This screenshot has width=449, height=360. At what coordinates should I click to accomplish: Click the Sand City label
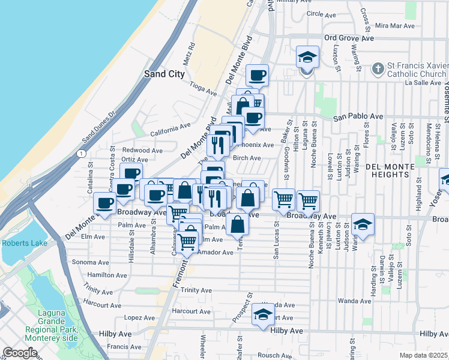coord(163,74)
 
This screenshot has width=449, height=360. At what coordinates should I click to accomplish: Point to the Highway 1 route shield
coord(80,154)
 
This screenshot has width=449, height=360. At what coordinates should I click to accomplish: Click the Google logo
coord(20,353)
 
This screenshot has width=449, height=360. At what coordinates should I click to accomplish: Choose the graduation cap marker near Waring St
coord(363,224)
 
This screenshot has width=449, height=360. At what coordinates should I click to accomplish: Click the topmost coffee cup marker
coord(258,76)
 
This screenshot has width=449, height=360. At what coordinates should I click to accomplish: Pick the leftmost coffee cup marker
coord(105,203)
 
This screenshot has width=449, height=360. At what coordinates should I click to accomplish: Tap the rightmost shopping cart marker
coord(308,201)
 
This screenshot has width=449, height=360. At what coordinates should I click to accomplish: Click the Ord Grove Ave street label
coord(349,38)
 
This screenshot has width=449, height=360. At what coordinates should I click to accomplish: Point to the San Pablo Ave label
coord(358,116)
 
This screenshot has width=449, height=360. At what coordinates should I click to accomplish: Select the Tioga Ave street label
coord(203,89)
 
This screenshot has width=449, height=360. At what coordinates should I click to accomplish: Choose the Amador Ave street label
coord(214,253)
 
